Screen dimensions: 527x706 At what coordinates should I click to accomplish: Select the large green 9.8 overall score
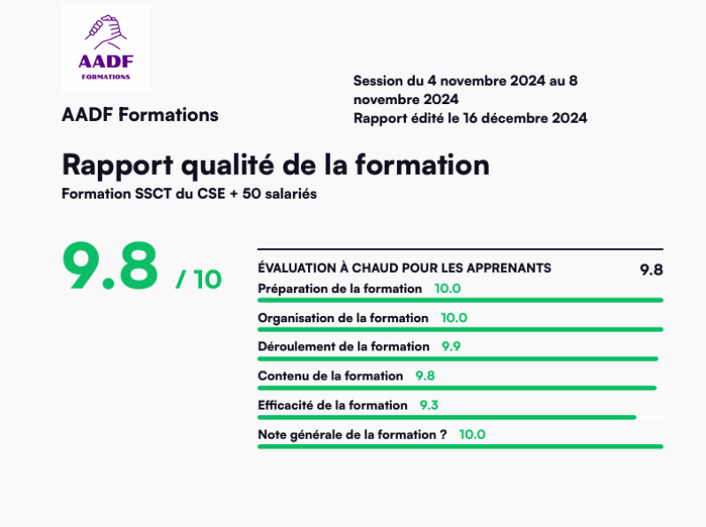point(110,266)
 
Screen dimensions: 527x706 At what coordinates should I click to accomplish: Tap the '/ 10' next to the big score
point(199,279)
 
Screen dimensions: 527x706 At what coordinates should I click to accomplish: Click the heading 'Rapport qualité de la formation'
point(275,165)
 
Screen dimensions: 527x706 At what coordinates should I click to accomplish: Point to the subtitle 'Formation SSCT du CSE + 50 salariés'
point(189,193)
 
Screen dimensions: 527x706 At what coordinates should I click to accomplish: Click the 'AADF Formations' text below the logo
point(140,115)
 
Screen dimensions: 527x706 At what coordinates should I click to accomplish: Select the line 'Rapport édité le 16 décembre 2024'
point(469,118)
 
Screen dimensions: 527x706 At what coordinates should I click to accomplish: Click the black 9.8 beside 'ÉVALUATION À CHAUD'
point(651,270)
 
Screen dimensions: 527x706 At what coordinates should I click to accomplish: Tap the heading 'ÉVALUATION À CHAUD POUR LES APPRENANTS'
point(404,267)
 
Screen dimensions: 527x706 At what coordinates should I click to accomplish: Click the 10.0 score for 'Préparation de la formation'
point(447,289)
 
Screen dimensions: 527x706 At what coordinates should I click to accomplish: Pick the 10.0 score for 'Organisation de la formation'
point(454,318)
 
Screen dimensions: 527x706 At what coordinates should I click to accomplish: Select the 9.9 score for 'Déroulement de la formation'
point(451,347)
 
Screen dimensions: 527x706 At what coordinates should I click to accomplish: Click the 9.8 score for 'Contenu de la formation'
point(425,376)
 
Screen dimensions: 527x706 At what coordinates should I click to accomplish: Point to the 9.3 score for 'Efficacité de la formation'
point(429,405)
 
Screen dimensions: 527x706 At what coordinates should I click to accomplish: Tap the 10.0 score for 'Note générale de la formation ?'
point(472,434)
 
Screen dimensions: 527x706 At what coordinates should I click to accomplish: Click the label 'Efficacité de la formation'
point(333,405)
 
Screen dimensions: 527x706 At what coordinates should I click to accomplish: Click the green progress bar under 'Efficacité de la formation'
point(447,417)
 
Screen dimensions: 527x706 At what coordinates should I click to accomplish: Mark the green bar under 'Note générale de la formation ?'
point(460,446)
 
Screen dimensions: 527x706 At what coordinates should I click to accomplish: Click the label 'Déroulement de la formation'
point(343,347)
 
